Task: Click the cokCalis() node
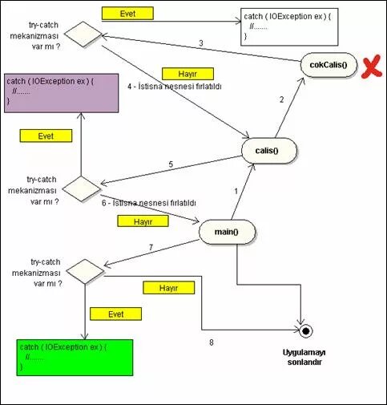(329, 65)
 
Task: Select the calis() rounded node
(269, 151)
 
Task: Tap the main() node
(228, 232)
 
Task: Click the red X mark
(372, 67)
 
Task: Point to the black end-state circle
(306, 331)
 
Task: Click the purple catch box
(61, 93)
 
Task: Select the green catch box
(75, 358)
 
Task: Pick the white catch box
(289, 27)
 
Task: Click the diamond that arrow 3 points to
(83, 34)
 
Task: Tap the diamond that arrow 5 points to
(82, 188)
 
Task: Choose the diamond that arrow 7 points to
(85, 271)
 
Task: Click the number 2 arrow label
(281, 99)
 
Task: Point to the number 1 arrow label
(236, 191)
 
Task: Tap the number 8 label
(212, 342)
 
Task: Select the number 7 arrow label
(151, 247)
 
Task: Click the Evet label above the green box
(115, 314)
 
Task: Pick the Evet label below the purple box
(46, 136)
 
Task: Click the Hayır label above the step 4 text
(187, 74)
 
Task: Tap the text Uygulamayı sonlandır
(304, 357)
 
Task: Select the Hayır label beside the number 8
(168, 288)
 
